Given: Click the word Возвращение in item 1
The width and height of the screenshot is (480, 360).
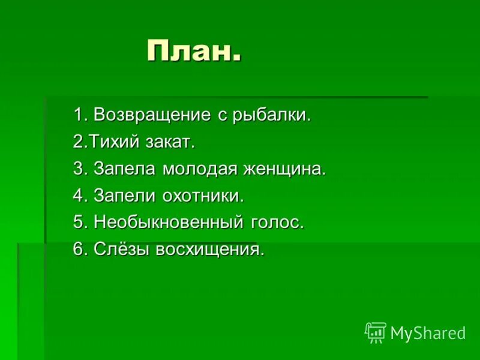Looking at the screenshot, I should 152,115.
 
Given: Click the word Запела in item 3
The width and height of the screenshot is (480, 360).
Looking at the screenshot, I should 125,169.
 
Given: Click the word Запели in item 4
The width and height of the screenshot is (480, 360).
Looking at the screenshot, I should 125,196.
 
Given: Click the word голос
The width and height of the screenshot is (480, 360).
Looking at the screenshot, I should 274,223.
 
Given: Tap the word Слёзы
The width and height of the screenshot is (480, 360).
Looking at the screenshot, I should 122,250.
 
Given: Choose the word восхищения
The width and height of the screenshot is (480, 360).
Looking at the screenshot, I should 209,250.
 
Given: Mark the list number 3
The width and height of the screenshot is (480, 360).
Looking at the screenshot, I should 79,169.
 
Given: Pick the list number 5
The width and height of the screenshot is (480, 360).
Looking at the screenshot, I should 79,223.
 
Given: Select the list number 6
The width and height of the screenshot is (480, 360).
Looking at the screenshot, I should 79,250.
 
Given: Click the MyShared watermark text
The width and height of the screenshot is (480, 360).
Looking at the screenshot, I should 428,334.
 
